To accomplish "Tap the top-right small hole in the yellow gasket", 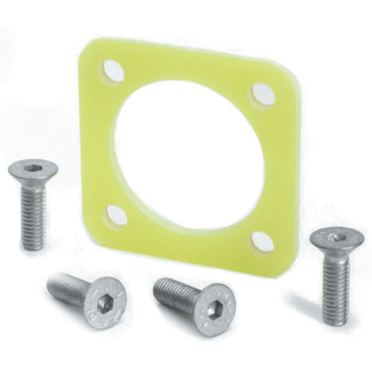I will point(262,92).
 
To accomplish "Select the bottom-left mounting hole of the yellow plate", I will point(113,214).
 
